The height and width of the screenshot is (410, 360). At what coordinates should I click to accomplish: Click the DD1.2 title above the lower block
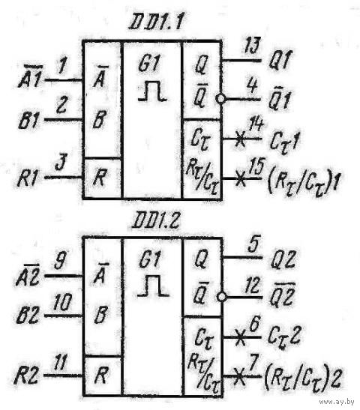(156, 222)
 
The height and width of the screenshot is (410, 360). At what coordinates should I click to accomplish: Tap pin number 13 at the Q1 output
(252, 46)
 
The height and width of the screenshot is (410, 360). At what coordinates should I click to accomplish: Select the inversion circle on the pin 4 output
(220, 99)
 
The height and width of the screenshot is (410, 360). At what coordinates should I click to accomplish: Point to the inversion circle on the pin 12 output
(221, 297)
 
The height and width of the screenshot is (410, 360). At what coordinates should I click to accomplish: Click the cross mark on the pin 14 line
(240, 139)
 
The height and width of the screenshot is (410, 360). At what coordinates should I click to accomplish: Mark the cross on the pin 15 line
(240, 178)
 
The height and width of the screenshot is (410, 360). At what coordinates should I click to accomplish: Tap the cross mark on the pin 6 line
(240, 337)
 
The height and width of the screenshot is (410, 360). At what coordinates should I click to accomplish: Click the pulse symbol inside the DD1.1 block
(152, 91)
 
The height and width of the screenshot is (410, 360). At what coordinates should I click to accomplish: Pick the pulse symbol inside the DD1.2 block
(153, 286)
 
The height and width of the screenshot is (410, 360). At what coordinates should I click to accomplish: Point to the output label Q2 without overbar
(283, 259)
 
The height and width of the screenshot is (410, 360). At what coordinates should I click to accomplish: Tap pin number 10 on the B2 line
(61, 303)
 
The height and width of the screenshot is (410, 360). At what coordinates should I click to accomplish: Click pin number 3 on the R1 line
(61, 162)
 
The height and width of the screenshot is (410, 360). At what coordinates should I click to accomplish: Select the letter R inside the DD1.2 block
(100, 375)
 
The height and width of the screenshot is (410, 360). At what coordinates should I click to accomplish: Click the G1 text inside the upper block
(149, 63)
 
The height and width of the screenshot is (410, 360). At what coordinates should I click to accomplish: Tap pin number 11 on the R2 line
(60, 362)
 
